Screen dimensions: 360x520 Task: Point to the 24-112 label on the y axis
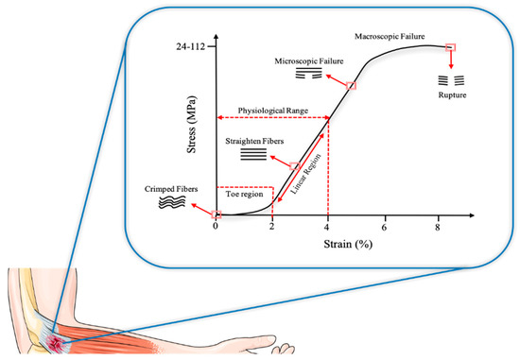(x=183, y=46)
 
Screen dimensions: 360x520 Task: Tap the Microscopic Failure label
(x=307, y=60)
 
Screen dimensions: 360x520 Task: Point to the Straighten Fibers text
(x=253, y=140)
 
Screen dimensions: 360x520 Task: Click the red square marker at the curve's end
(x=451, y=47)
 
